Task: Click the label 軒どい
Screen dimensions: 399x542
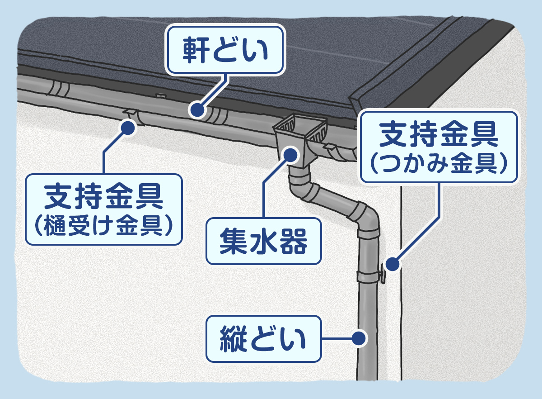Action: (x=225, y=50)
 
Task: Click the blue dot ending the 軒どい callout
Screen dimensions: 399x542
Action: (x=196, y=109)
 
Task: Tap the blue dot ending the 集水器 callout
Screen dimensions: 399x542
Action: (x=290, y=154)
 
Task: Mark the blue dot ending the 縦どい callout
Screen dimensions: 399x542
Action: (x=359, y=337)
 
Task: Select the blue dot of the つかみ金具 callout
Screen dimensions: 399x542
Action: (x=393, y=264)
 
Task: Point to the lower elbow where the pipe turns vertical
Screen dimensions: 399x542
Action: (x=366, y=216)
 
